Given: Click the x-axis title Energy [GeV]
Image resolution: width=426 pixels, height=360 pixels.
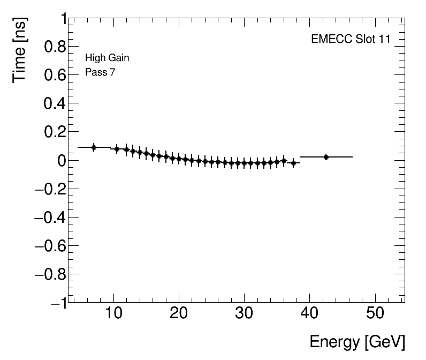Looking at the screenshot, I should point(357,341).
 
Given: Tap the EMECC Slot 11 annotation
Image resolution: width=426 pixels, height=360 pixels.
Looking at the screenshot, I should point(351,40).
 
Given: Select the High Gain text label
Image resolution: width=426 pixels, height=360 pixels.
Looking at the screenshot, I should point(107,58).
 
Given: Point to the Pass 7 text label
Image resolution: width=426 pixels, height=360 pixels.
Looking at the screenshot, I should point(100,72).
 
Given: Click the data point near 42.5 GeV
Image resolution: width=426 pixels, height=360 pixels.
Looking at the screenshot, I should point(326,157).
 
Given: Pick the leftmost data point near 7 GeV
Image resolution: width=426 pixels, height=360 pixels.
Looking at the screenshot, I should point(94,147).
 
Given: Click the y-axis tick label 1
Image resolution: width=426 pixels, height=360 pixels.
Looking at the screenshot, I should point(63,19).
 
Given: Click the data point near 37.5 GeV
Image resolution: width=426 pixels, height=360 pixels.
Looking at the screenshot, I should point(293,162).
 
